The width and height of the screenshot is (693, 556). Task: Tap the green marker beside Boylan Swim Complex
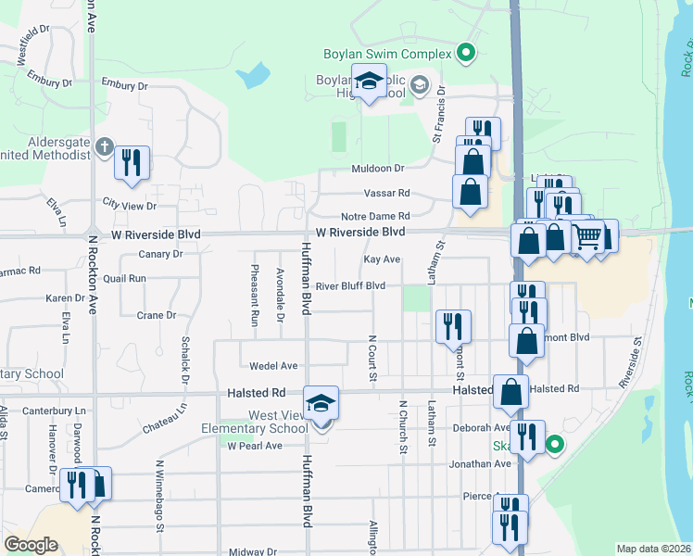click(x=467, y=54)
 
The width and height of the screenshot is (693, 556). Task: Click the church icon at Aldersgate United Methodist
click(x=105, y=147)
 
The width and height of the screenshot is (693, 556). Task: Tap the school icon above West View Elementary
click(x=321, y=403)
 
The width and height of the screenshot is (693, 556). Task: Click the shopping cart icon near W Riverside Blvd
click(x=587, y=238)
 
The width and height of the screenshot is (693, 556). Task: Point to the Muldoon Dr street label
click(x=378, y=169)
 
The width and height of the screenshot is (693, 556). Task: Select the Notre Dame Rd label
click(x=375, y=216)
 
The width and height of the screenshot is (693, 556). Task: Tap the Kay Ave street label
click(x=382, y=259)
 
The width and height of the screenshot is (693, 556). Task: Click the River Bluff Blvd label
click(x=350, y=286)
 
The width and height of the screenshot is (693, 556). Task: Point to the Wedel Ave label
click(x=279, y=366)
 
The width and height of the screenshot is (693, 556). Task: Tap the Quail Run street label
click(x=125, y=277)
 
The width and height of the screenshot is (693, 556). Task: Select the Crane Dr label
click(x=157, y=315)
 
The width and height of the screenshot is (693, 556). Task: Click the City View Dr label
click(x=129, y=205)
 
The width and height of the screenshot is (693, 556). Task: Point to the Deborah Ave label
click(x=482, y=428)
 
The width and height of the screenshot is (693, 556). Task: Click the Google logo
click(x=31, y=545)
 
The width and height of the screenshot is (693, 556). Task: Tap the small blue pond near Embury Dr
click(x=254, y=74)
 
